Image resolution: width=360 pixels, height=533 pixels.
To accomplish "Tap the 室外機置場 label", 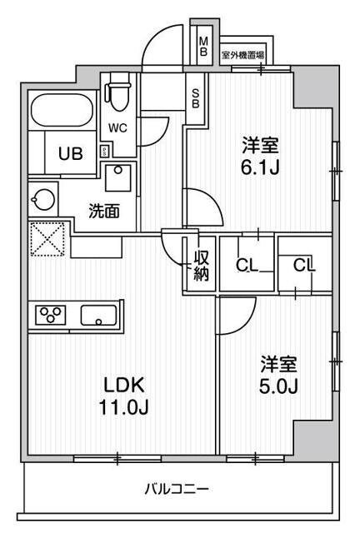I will (x=242, y=55).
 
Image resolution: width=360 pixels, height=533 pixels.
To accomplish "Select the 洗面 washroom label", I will (x=104, y=212).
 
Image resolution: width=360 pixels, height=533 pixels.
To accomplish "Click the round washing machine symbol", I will (x=42, y=200).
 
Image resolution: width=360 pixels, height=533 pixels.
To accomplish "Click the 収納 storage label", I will (x=202, y=264).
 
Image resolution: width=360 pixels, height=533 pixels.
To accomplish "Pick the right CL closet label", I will (x=303, y=266).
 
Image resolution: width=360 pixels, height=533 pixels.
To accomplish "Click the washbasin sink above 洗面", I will (x=118, y=178).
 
